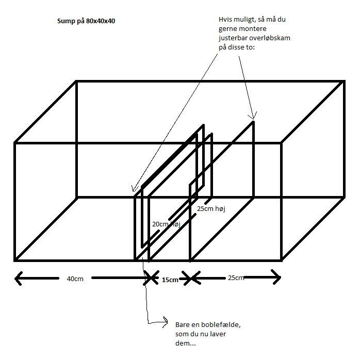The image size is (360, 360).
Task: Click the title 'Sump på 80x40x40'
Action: click(86, 21)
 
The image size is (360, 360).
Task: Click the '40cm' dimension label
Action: click(75, 279)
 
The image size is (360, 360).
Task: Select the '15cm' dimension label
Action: click(170, 280)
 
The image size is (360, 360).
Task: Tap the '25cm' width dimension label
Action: click(236, 278)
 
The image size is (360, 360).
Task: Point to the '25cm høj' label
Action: click(211, 209)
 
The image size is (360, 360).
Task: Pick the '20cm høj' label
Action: click(166, 224)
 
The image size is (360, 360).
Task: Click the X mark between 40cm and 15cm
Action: click(151, 278)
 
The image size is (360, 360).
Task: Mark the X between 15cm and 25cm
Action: click(191, 279)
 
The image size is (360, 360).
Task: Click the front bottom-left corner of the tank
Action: click(15, 260)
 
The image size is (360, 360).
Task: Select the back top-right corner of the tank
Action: click(344, 81)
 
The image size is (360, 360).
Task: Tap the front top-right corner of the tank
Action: click(282, 143)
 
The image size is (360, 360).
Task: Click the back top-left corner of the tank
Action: click(76, 81)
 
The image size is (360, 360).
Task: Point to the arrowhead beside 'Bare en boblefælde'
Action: click(166, 322)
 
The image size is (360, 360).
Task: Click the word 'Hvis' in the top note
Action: click(224, 20)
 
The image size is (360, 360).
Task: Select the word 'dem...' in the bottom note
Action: click(186, 343)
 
